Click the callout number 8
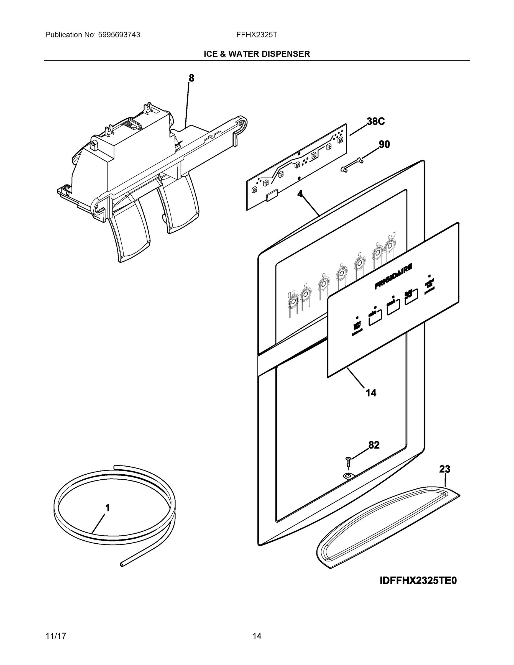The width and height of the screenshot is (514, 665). tap(191, 78)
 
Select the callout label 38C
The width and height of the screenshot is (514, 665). tap(375, 121)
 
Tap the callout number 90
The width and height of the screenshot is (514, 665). tap(384, 144)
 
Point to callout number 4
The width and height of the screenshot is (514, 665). tap(300, 194)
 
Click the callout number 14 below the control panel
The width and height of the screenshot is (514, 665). tap(371, 393)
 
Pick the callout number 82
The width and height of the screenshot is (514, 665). tap(374, 445)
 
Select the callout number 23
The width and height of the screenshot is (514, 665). tap(444, 469)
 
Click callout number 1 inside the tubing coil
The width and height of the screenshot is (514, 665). tap(108, 508)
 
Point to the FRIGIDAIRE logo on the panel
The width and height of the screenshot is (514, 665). tap(393, 277)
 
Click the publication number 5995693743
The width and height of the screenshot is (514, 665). tap(119, 35)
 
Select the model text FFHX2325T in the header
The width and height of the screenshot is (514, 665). tap(257, 35)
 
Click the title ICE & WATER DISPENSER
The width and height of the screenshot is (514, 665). tap(257, 54)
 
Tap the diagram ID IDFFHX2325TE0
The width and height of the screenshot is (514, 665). tap(418, 581)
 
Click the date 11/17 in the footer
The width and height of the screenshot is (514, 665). tap(56, 636)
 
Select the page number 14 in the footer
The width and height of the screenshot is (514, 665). tap(257, 636)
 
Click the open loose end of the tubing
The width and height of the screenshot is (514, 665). tap(122, 564)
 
